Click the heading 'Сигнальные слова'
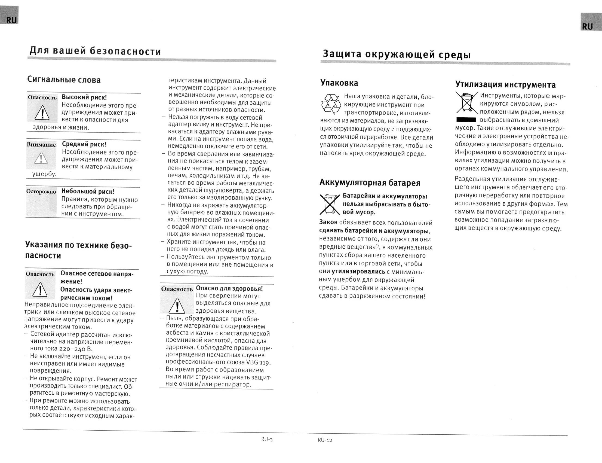pyautogui.click(x=64, y=80)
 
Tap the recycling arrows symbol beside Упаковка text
pyautogui.click(x=331, y=104)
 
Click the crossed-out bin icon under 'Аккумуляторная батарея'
pyautogui.click(x=330, y=204)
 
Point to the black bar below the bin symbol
pyautogui.click(x=466, y=120)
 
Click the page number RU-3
pyautogui.click(x=267, y=440)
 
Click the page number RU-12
pyautogui.click(x=325, y=440)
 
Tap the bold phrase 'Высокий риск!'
pyautogui.click(x=84, y=97)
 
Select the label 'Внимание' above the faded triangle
pyautogui.click(x=41, y=145)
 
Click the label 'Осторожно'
pyautogui.click(x=41, y=191)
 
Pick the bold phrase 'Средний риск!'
pyautogui.click(x=84, y=144)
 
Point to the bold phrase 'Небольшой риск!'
pyautogui.click(x=88, y=191)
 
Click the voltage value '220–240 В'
pyautogui.click(x=76, y=349)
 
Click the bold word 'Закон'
pyautogui.click(x=328, y=222)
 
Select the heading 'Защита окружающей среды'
pyautogui.click(x=397, y=54)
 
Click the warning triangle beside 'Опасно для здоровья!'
pyautogui.click(x=177, y=306)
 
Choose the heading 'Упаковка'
pyautogui.click(x=339, y=83)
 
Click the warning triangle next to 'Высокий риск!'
pyautogui.click(x=42, y=113)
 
